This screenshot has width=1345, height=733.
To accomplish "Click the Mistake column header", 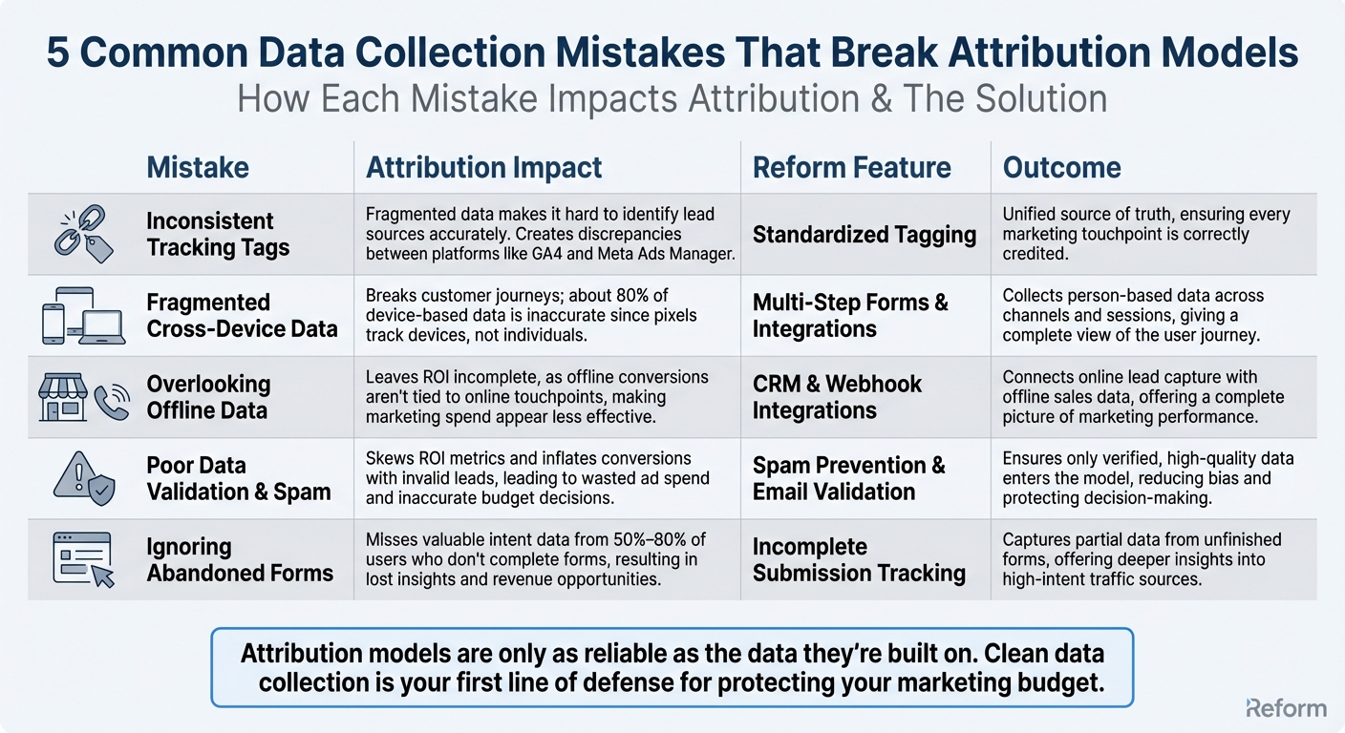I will [x=197, y=168].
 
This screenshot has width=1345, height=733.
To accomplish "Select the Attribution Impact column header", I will [x=483, y=168].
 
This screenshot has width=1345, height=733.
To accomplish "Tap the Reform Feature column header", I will [x=851, y=168].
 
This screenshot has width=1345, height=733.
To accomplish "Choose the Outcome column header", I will [x=1061, y=168].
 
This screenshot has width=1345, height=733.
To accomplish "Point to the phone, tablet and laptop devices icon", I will [x=83, y=316].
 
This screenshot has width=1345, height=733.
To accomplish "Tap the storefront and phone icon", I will [x=84, y=397].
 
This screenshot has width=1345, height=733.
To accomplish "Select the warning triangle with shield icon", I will [x=84, y=478].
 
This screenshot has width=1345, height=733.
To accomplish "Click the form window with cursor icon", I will [x=84, y=559].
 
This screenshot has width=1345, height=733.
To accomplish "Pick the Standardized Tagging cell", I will [x=864, y=235].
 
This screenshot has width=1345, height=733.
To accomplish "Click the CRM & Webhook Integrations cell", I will [x=837, y=397].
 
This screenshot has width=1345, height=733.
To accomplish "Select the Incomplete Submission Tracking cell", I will [x=859, y=559].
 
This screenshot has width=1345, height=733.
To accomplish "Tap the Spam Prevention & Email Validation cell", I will [x=848, y=478].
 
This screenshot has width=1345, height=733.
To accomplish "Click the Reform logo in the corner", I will [x=1286, y=707].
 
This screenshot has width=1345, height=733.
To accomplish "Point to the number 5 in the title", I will [x=57, y=54].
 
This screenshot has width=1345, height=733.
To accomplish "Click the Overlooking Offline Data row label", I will [x=208, y=397].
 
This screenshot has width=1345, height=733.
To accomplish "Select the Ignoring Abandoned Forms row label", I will [x=240, y=559].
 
